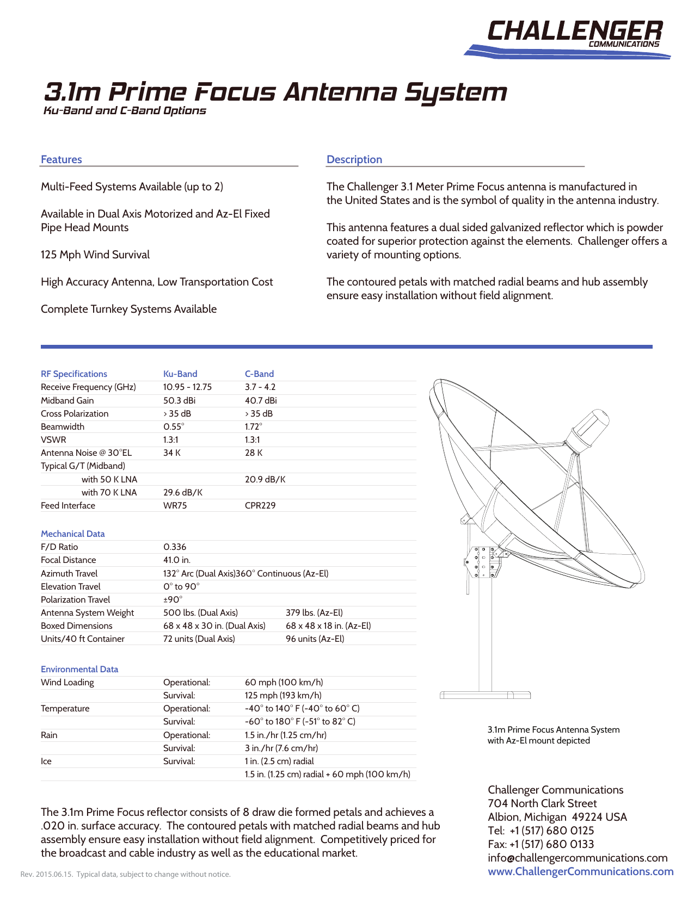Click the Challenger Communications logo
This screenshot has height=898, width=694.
[x=572, y=37]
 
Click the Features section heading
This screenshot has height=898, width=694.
[x=61, y=159]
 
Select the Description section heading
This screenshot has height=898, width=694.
[x=354, y=159]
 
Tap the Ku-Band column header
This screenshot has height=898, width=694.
[x=180, y=374]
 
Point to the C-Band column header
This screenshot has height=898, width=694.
[x=259, y=374]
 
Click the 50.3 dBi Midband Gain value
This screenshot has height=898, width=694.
[x=179, y=400]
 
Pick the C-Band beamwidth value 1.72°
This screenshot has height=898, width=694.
[x=253, y=426]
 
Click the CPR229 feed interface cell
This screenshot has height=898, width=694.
[x=260, y=505]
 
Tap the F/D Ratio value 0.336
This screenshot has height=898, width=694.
[x=175, y=547]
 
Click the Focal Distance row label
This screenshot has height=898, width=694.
[x=68, y=560]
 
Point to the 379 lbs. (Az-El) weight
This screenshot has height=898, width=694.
[x=314, y=612]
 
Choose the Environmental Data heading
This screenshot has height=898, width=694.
[x=79, y=669]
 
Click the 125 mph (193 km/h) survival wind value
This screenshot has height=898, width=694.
[x=283, y=695]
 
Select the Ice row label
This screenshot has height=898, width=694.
[x=46, y=761]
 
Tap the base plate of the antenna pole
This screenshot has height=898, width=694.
[x=484, y=695]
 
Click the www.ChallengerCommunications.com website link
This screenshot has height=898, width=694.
[x=580, y=871]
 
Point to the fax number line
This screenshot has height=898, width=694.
[x=541, y=844]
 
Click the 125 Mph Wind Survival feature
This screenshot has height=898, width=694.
[x=95, y=255]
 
